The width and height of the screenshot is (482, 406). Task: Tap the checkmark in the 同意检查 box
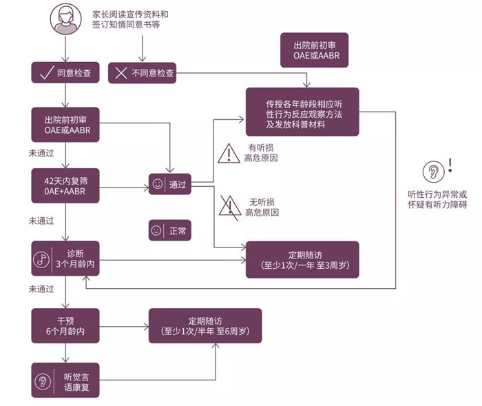click(x=47, y=72)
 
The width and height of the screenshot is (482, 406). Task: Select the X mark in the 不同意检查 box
click(x=122, y=72)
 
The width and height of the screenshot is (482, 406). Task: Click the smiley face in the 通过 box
click(x=158, y=184)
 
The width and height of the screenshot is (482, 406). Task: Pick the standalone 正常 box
click(x=169, y=230)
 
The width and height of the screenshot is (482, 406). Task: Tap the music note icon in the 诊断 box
click(x=42, y=259)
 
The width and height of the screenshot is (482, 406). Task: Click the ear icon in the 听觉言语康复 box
click(x=43, y=380)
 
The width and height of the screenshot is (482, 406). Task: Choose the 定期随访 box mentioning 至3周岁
click(x=302, y=259)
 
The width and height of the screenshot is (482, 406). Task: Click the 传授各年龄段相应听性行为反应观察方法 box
click(x=302, y=112)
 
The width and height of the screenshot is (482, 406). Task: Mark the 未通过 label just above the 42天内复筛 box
click(x=41, y=152)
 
